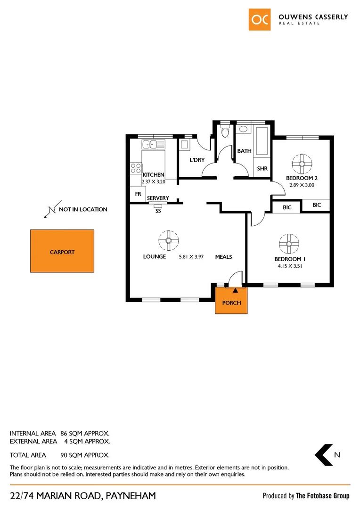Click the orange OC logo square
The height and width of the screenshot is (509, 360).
[x=260, y=19]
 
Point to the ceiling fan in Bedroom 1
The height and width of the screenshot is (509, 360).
[x=288, y=243]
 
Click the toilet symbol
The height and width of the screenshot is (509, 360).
[x=225, y=131]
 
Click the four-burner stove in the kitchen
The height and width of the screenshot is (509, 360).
[x=136, y=168]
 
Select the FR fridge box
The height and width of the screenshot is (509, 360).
[x=138, y=194]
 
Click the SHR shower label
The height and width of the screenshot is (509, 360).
[x=262, y=168]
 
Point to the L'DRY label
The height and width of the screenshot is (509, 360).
[x=197, y=160]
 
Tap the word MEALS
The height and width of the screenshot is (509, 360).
[x=224, y=257]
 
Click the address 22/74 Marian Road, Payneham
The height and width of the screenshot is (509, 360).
[x=83, y=496]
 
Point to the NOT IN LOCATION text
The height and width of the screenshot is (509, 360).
[x=83, y=209]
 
